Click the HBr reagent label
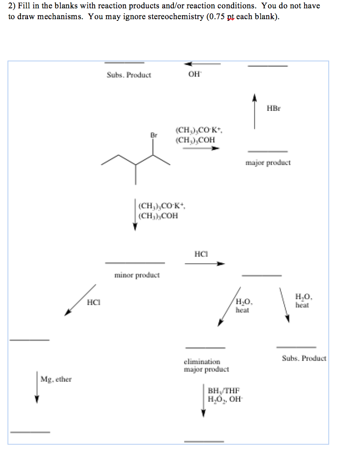click(273, 108)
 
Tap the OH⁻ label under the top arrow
click(194, 75)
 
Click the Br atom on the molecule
click(154, 135)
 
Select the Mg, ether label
click(56, 379)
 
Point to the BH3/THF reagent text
click(224, 390)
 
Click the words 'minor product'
click(137, 275)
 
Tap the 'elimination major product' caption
click(206, 365)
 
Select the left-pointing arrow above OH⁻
click(202, 64)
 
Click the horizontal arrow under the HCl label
click(205, 263)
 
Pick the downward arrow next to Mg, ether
click(37, 387)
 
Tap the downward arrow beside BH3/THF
click(203, 401)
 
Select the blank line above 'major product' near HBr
click(267, 151)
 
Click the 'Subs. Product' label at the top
click(129, 75)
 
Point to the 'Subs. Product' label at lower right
click(304, 358)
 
